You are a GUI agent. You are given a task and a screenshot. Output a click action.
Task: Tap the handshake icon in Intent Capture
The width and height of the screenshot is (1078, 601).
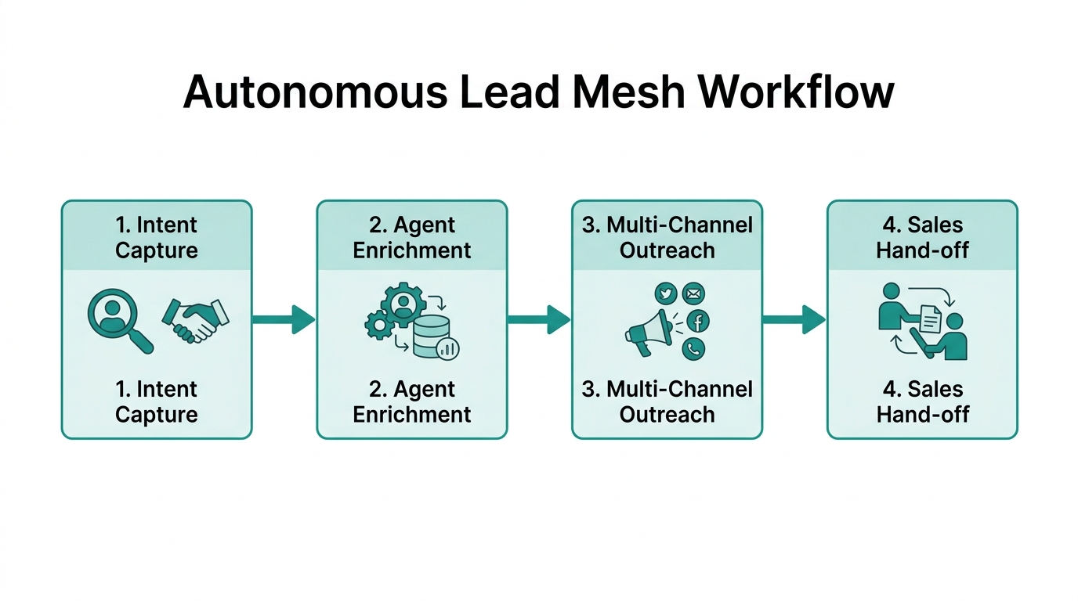coord(195,320)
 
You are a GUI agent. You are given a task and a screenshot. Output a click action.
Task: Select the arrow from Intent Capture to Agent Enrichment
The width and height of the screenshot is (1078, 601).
coord(284,319)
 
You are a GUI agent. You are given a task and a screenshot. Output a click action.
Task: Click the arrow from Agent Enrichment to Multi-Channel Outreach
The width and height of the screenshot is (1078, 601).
coord(539,319)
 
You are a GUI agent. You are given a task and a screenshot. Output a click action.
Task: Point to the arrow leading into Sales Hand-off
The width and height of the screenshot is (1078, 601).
coord(794,319)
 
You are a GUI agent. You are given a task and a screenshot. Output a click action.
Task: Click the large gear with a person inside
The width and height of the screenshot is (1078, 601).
coord(403,304)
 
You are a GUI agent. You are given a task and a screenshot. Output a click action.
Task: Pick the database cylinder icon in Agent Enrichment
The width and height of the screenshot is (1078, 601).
coord(433,339)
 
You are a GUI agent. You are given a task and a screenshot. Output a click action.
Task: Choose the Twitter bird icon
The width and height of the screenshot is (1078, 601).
coord(665,293)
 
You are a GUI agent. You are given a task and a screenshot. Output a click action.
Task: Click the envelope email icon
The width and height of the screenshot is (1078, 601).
coord(693,293)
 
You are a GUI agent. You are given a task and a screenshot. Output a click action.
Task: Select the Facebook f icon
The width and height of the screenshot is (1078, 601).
coord(697,321)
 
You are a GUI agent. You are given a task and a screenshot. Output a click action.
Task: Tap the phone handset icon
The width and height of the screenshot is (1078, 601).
coord(693,348)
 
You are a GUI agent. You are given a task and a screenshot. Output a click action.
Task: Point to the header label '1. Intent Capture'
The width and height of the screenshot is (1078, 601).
coord(157,238)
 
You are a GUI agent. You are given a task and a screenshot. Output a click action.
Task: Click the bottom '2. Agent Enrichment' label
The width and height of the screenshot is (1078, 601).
coord(412,401)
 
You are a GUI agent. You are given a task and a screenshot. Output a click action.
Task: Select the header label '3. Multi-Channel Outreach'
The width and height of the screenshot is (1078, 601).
coord(667,238)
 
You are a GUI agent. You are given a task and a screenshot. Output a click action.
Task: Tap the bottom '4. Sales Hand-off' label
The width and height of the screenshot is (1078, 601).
coord(923,401)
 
